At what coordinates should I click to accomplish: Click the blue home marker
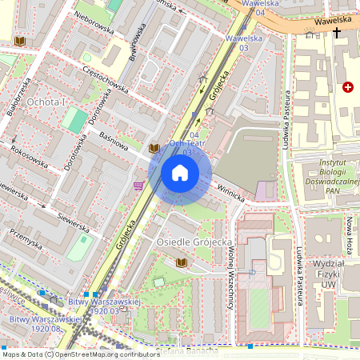click(180, 173)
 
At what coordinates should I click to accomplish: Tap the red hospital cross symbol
click(346, 86)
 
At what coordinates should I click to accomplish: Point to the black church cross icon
click(337, 33)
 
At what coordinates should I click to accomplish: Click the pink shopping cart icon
click(139, 186)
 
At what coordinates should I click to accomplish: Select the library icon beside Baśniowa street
click(154, 147)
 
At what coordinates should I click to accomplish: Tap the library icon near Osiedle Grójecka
click(181, 262)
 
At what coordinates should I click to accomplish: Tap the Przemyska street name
click(26, 236)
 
